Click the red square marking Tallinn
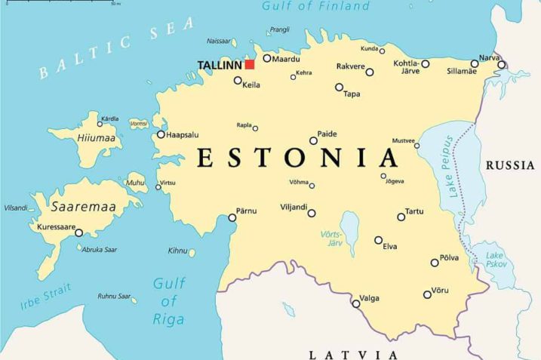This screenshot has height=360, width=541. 249,64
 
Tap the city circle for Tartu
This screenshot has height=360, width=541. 401,217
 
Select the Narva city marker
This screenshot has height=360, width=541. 501,64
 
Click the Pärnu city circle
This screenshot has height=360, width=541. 232,217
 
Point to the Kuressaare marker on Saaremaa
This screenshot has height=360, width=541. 78,232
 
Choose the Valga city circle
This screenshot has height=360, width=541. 356,303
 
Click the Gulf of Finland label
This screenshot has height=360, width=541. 315,7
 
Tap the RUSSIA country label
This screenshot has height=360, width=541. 510,165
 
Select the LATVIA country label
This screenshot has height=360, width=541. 353,353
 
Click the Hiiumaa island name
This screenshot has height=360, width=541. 97,138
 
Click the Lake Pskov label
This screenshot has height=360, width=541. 496,260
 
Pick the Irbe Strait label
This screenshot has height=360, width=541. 47,297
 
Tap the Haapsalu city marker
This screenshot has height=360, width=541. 161,134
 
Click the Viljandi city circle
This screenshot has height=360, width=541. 311,213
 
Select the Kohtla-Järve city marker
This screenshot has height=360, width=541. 425,64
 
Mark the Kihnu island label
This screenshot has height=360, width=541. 177,251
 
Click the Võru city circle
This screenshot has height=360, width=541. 427,294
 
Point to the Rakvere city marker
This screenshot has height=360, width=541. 370,72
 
